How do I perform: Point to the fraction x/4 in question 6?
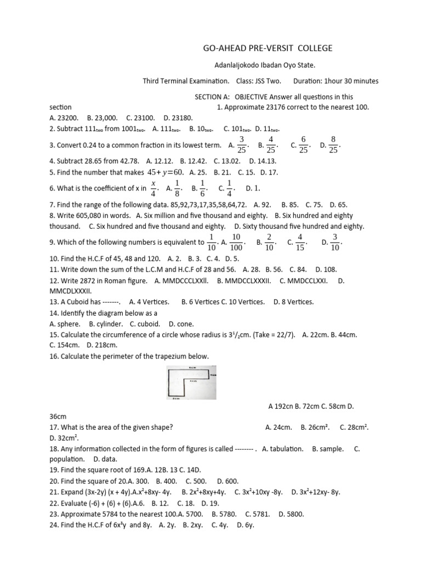click(153, 188)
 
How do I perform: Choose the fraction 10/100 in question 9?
click(236, 241)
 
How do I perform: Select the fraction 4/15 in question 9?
click(300, 241)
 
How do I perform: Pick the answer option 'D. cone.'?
click(181, 324)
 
